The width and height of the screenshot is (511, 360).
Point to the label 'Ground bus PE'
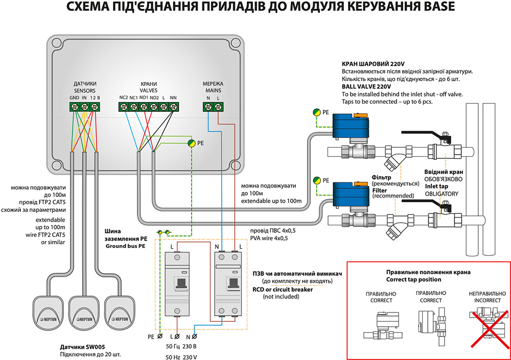coord(125,246)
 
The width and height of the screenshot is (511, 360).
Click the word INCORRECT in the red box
coord(482,300)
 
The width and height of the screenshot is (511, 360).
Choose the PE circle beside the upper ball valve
coord(317,111)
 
